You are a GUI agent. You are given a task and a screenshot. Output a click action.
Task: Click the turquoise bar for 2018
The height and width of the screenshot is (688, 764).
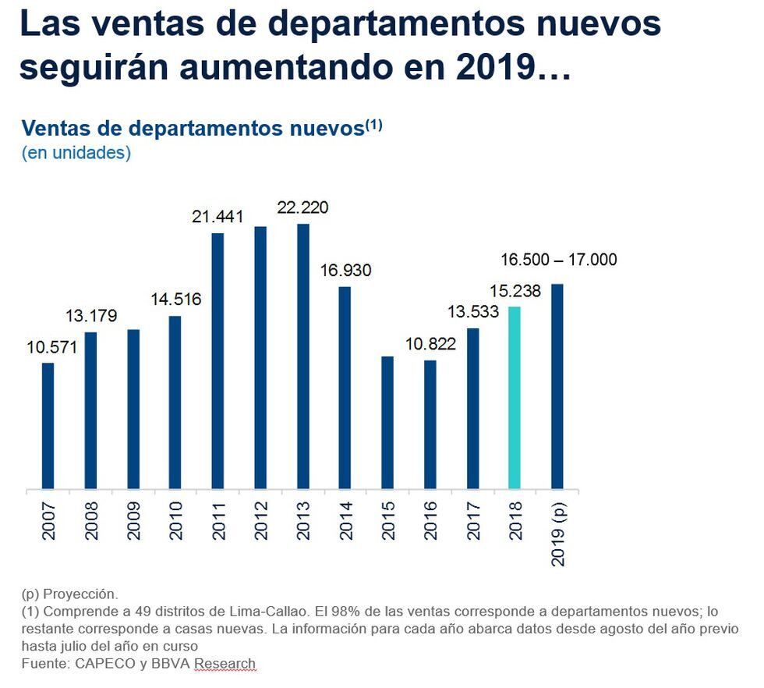point(515,398)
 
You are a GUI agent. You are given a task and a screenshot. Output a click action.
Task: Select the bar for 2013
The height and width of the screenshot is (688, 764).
point(303,356)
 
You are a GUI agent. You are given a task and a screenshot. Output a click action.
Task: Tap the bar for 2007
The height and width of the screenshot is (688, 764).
point(48,426)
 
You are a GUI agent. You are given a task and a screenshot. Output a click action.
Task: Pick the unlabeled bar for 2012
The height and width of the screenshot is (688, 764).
point(260,358)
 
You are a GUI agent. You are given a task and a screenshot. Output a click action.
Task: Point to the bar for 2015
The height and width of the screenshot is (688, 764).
point(387,423)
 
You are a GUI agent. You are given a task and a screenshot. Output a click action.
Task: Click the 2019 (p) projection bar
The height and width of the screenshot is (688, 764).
point(557,386)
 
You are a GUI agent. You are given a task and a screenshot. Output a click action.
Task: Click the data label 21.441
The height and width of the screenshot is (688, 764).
point(218,216)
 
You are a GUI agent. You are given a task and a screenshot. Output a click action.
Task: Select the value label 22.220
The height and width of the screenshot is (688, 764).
point(303,207)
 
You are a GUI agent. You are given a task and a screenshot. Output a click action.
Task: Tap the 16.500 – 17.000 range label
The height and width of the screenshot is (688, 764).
point(557,260)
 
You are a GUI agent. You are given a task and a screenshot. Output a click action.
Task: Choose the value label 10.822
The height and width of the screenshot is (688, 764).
point(430,343)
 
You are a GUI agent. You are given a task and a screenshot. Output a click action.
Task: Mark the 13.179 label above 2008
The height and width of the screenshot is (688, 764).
point(90,316)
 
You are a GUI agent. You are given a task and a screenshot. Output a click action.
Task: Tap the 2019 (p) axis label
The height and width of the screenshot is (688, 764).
point(557,534)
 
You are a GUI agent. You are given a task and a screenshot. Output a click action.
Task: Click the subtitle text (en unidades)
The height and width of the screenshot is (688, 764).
point(76,153)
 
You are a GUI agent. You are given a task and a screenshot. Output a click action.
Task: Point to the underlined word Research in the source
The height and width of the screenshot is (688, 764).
point(225,664)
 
